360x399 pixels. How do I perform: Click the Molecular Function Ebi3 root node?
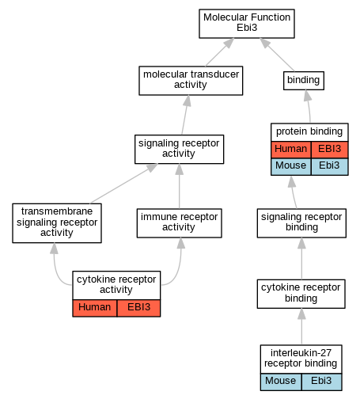pyautogui.click(x=247, y=24)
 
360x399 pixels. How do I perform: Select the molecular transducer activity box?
pyautogui.click(x=191, y=81)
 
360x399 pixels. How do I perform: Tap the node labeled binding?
pyautogui.click(x=304, y=81)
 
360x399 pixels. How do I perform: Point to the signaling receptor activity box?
pyautogui.click(x=179, y=150)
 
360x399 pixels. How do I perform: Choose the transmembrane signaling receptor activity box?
pyautogui.click(x=57, y=223)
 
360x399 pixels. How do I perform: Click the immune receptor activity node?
pyautogui.click(x=179, y=223)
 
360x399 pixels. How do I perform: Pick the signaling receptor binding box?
pyautogui.click(x=301, y=223)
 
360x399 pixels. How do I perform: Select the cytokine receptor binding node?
pyautogui.click(x=301, y=294)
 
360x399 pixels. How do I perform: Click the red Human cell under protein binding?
pyautogui.click(x=291, y=150)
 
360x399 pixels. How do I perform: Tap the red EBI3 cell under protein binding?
pyautogui.click(x=330, y=150)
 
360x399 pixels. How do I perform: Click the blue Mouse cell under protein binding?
pyautogui.click(x=291, y=166)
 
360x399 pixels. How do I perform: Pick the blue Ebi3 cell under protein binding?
pyautogui.click(x=330, y=166)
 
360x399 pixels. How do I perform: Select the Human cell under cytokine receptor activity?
pyautogui.click(x=95, y=308)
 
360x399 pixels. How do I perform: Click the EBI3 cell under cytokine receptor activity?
pyautogui.click(x=138, y=308)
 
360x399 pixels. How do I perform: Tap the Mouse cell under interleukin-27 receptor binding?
pyautogui.click(x=281, y=382)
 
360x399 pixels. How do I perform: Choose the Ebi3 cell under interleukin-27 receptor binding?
pyautogui.click(x=322, y=382)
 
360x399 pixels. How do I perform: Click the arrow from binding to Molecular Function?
pyautogui.click(x=277, y=55)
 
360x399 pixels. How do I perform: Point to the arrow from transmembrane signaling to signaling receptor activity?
pyautogui.click(x=124, y=184)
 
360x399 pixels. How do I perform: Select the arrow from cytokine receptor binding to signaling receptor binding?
pyautogui.click(x=301, y=259)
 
